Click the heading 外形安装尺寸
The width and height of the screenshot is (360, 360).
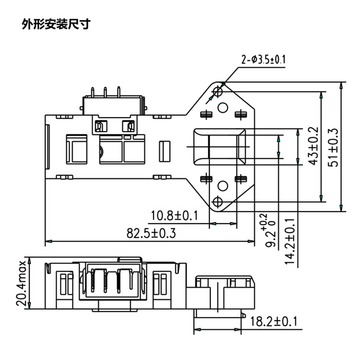click(56, 24)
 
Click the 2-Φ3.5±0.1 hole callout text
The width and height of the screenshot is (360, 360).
click(264, 60)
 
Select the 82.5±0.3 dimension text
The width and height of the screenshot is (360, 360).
click(151, 233)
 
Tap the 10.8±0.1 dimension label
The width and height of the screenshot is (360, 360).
click(174, 216)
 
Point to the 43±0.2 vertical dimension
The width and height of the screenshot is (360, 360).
click(313, 146)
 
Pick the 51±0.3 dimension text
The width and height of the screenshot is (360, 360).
click(333, 147)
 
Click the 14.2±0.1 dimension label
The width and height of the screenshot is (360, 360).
click(290, 241)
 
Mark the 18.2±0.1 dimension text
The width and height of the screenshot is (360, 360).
click(274, 321)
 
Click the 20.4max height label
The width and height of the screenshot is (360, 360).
click(22, 283)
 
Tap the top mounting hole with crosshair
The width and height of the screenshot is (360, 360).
click(217, 92)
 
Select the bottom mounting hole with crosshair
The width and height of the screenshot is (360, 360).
click(217, 202)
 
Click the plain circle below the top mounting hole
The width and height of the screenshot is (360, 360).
click(223, 108)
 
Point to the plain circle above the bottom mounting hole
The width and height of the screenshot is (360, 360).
click(223, 186)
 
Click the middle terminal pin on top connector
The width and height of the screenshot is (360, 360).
click(105, 92)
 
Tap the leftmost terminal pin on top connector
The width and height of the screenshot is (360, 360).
click(93, 92)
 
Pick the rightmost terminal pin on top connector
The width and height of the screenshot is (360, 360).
click(119, 92)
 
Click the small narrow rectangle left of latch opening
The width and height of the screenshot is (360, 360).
click(165, 152)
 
